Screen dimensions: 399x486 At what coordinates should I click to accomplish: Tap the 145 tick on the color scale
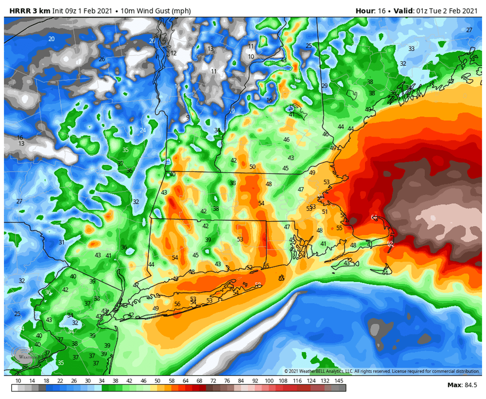coord(339,381)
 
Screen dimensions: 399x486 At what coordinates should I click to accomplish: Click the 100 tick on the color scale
coord(269,381)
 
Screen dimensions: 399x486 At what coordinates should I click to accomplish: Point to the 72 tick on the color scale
coord(213,381)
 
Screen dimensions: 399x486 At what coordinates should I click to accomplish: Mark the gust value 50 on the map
coord(252,167)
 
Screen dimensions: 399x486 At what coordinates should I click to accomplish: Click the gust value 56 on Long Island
coord(177,304)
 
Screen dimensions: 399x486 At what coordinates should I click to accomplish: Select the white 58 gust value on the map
coord(258,285)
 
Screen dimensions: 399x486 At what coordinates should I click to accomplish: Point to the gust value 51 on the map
coord(325,211)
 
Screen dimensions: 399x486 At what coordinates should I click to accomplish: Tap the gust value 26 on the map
coord(102,59)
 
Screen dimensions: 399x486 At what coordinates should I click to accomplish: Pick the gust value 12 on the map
coord(174,53)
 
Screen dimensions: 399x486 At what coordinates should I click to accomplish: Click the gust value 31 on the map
coord(62,243)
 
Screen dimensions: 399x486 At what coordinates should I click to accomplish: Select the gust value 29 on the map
coord(325,86)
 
